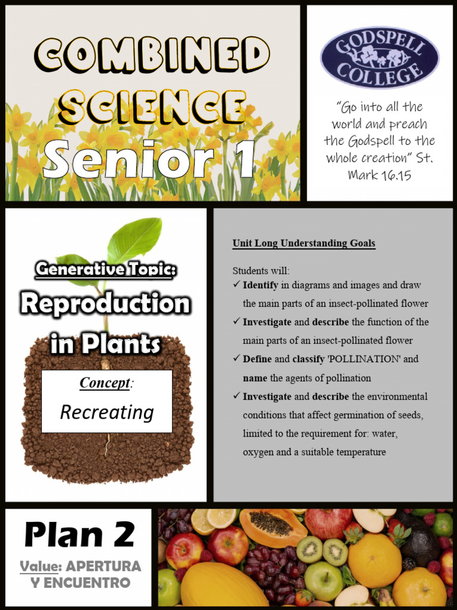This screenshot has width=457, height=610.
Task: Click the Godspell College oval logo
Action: click(380, 57)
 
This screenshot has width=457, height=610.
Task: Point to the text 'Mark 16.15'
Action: click(379, 175)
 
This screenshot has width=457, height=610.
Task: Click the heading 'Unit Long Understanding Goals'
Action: click(303, 243)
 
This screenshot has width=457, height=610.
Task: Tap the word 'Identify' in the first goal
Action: click(261, 285)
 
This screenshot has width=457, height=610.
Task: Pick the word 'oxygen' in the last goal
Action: click(257, 452)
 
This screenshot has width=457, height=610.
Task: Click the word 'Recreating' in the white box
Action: click(107, 412)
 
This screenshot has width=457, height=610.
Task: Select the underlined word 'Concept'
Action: click(104, 382)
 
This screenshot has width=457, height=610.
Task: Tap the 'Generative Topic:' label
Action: click(105, 269)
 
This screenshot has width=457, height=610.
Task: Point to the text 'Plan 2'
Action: click(79, 535)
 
